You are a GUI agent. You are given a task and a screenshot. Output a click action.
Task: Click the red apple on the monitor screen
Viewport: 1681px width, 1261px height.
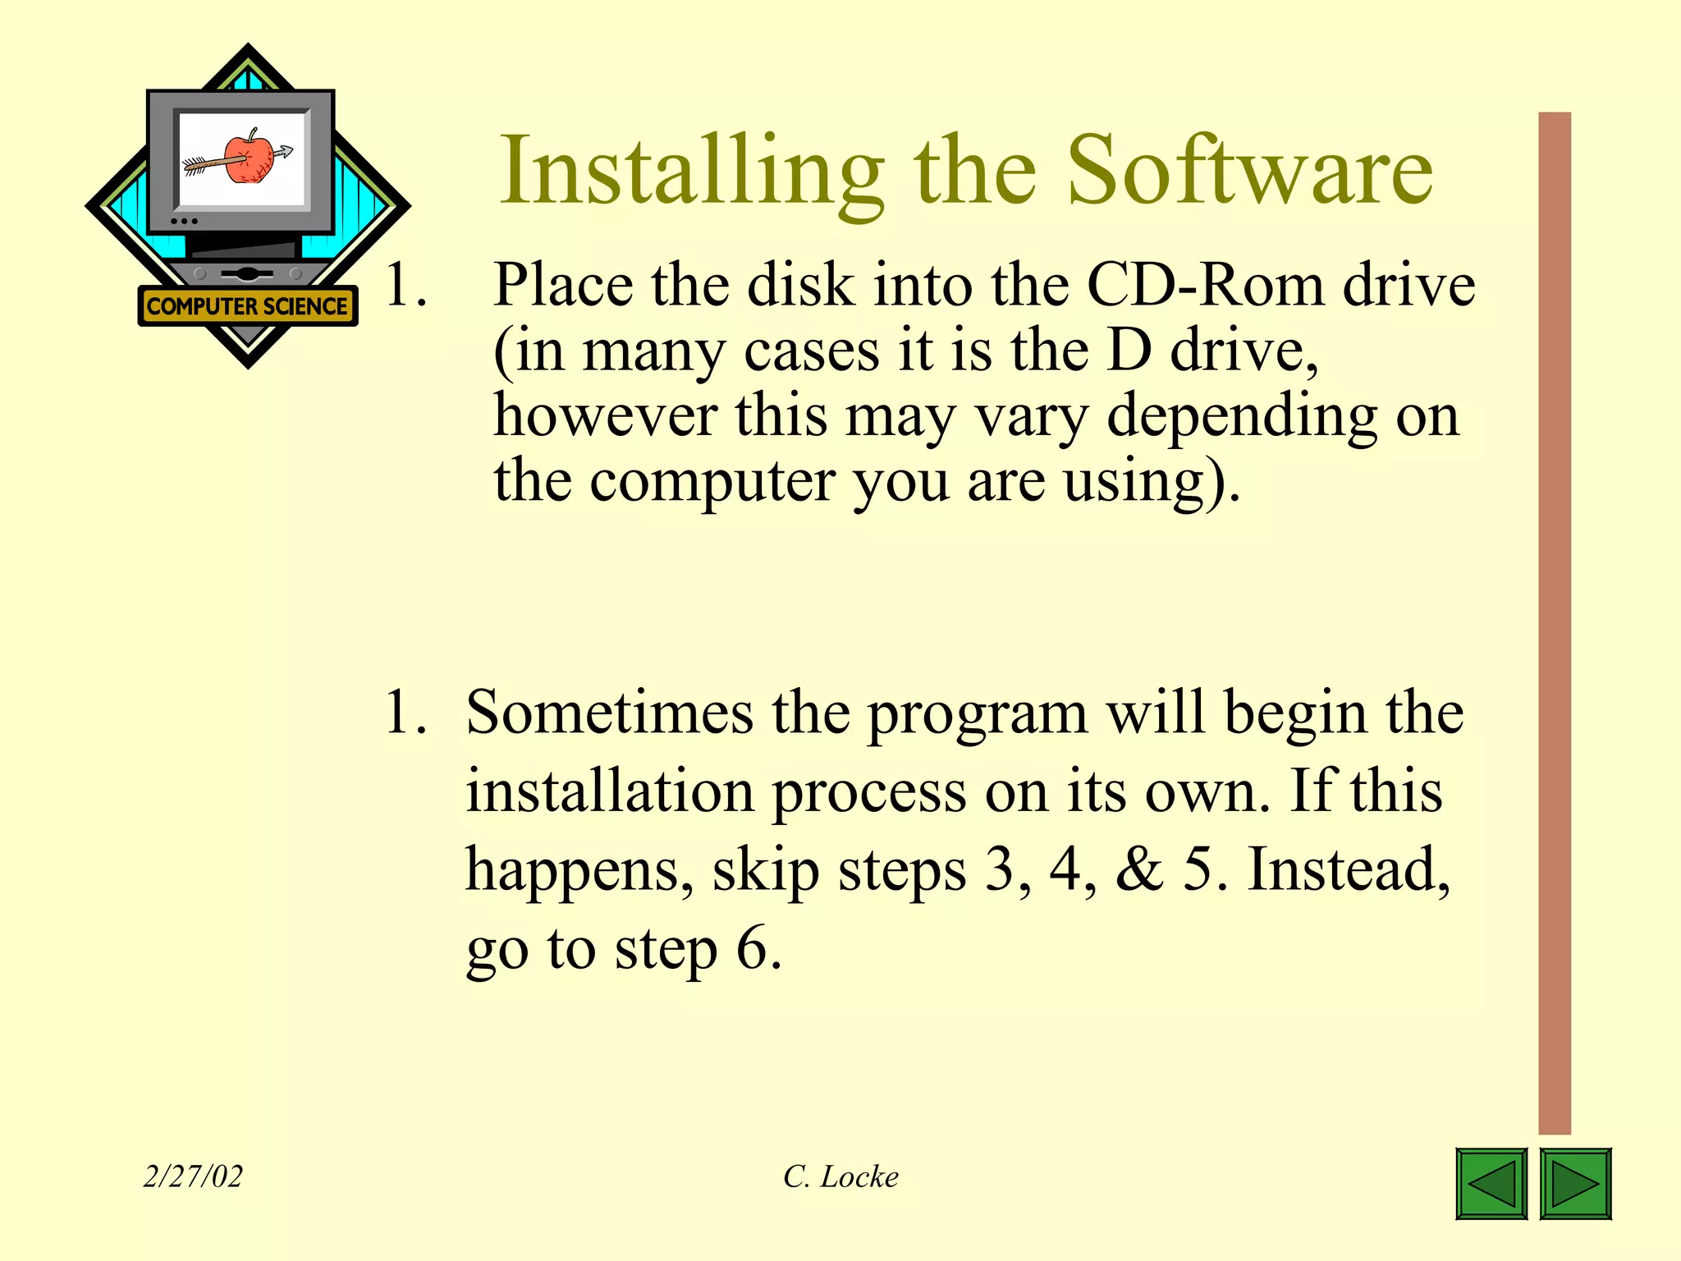249,158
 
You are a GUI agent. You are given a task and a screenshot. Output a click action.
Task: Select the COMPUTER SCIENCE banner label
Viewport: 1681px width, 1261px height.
247,306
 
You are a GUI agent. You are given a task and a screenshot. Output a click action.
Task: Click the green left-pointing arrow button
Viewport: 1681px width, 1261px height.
1491,1183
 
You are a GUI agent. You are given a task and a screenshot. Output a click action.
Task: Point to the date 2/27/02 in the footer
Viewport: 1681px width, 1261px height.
193,1176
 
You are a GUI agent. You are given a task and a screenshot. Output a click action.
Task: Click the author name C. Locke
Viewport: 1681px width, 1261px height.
840,1176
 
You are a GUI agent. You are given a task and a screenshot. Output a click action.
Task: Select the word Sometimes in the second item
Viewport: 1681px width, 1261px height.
609,713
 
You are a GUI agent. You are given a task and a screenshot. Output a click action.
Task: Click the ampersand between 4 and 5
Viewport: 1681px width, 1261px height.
1139,869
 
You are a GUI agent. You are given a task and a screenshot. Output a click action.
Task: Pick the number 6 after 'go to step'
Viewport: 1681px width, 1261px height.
752,948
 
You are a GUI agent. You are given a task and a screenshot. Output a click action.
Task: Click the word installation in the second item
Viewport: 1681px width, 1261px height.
610,791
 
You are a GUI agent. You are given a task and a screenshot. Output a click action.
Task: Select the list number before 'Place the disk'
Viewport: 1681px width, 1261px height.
405,286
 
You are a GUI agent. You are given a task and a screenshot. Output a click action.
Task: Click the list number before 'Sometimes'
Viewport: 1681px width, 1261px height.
405,713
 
